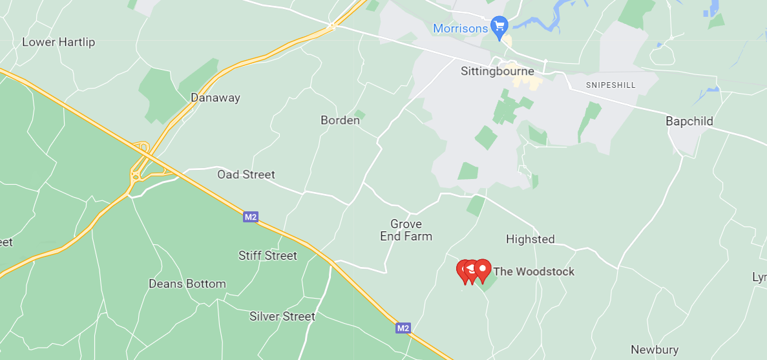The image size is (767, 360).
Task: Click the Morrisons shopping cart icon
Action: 499,26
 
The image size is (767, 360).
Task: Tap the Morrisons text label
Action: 460,29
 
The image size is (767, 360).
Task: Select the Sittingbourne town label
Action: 498,71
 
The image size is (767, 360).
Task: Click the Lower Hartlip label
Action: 58,43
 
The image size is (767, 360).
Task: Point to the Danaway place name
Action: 215,98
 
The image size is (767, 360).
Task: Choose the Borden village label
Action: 340,120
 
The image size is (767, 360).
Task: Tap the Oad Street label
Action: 246,175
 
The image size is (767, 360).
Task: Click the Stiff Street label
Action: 268,256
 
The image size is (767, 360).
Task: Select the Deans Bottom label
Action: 187,284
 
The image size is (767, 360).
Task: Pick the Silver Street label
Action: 282,317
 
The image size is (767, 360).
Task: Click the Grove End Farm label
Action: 406,231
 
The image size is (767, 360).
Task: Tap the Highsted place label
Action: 530,240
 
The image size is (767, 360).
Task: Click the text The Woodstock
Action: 534,271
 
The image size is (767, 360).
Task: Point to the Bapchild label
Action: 689,122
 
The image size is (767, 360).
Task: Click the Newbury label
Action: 655,350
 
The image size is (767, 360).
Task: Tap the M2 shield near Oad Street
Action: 251,217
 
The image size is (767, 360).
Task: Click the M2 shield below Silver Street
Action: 403,328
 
